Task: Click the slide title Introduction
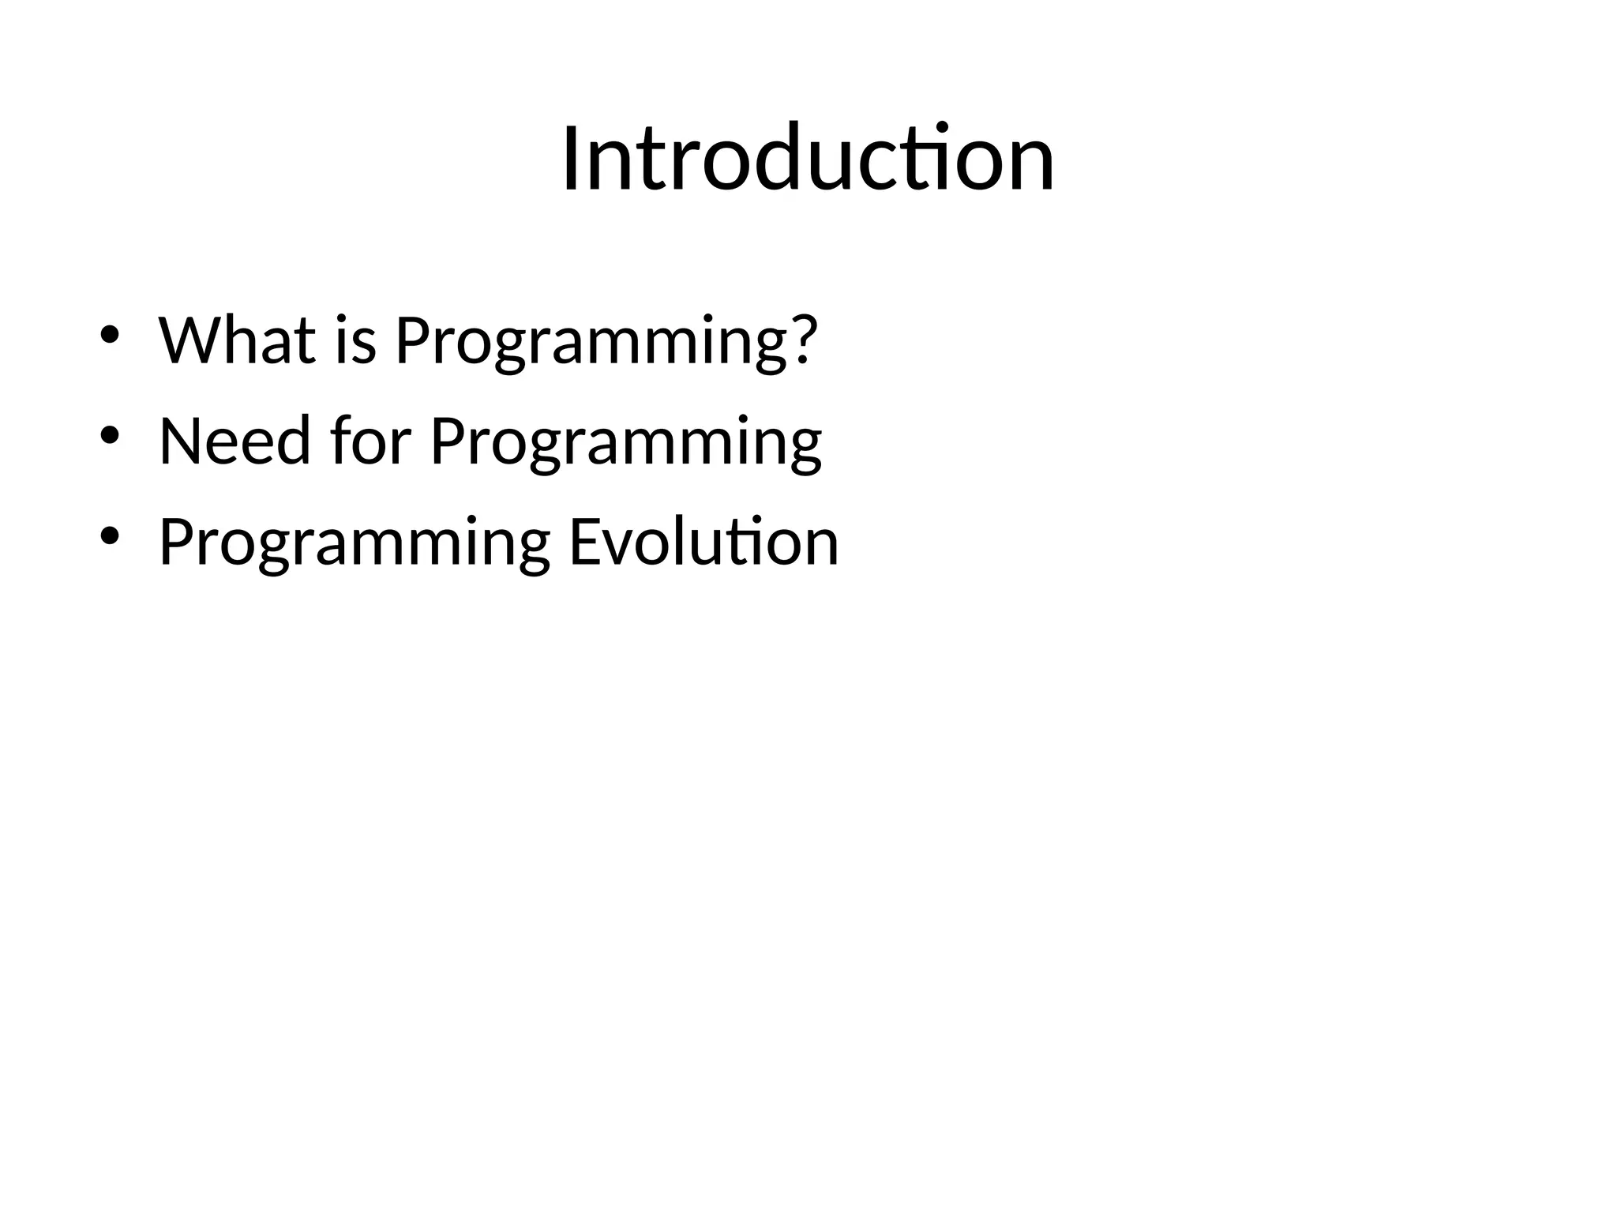pyautogui.click(x=808, y=160)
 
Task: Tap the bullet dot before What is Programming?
pyautogui.click(x=110, y=334)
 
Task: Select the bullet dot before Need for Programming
pyautogui.click(x=110, y=435)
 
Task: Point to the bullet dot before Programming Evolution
pyautogui.click(x=110, y=536)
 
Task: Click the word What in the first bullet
pyautogui.click(x=238, y=340)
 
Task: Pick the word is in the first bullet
pyautogui.click(x=355, y=342)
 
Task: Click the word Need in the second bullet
pyautogui.click(x=235, y=441)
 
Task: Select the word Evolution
pyautogui.click(x=703, y=543)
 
